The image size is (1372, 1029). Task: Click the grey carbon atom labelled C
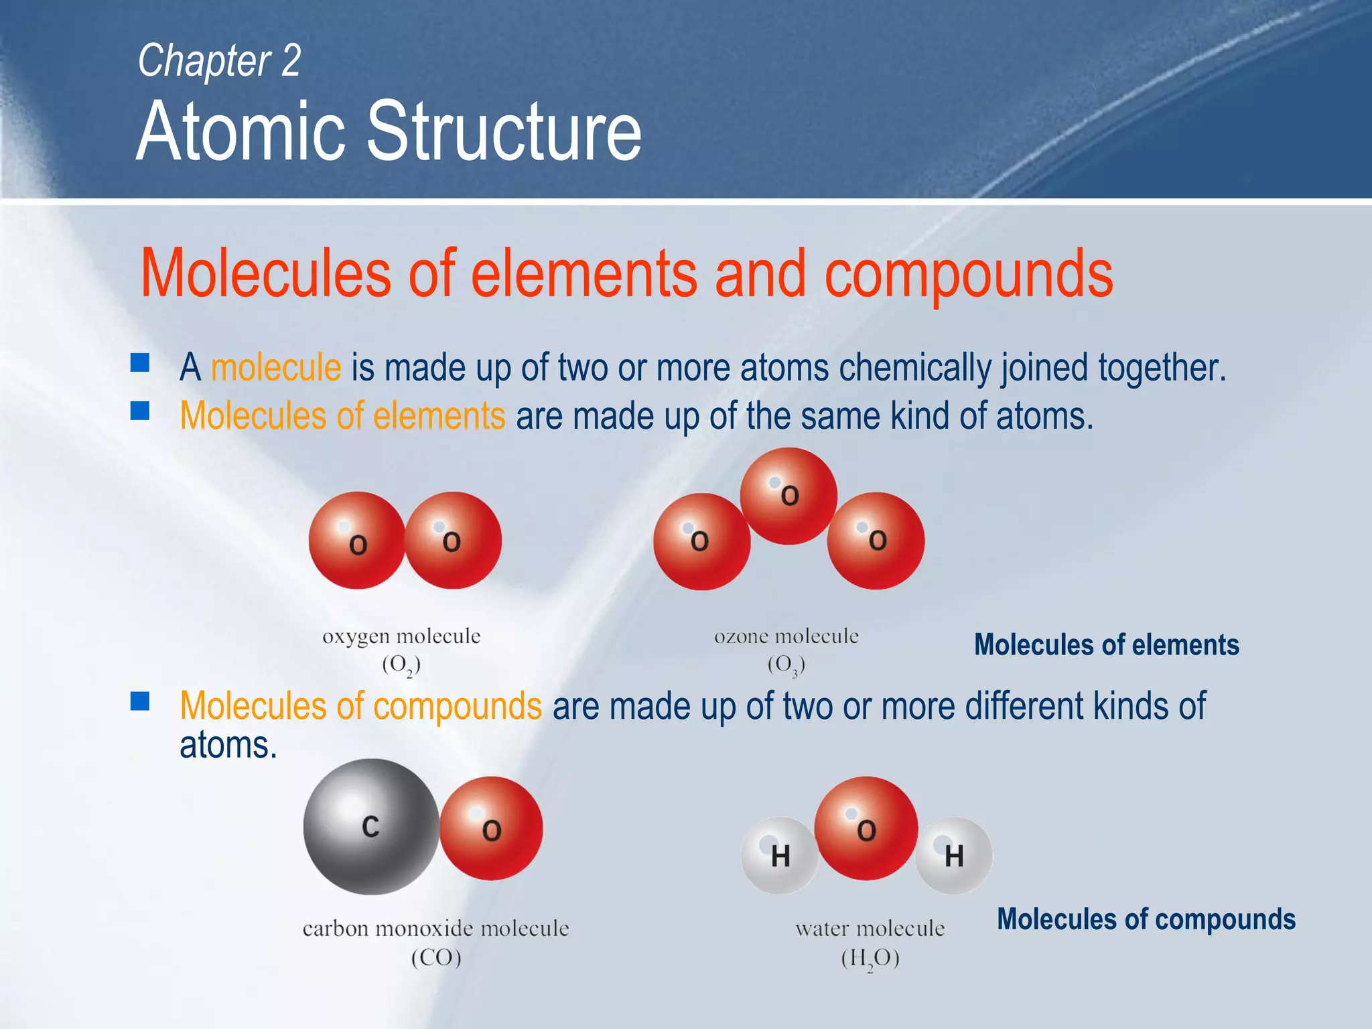tap(370, 827)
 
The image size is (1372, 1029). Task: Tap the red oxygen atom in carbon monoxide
tap(491, 829)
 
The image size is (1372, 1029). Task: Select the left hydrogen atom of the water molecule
tap(779, 855)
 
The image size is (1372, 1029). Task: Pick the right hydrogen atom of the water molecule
tap(953, 855)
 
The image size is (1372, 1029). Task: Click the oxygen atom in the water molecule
tap(866, 829)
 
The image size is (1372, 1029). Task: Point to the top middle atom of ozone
tap(788, 496)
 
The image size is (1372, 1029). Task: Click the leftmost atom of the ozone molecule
tap(701, 541)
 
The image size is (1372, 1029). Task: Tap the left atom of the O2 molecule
tap(357, 541)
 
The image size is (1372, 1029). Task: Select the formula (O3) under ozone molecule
tap(786, 665)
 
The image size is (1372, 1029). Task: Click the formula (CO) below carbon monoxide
tap(436, 957)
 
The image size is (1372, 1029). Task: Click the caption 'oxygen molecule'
tap(401, 636)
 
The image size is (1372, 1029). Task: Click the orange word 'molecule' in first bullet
tap(276, 367)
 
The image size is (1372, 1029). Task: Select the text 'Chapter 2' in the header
tap(219, 60)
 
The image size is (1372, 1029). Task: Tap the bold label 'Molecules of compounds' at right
tap(1146, 919)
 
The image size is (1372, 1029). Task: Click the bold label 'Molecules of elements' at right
tap(1106, 644)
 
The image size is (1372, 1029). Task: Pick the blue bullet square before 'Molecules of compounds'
tap(140, 701)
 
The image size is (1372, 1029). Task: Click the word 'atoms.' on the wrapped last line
tap(228, 745)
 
